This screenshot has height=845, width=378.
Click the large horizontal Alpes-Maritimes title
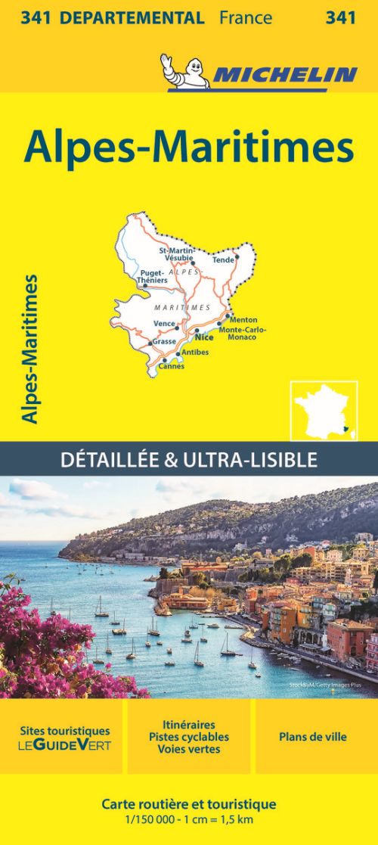point(189,148)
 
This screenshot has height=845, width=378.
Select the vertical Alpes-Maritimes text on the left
point(31,349)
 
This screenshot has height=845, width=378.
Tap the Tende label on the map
point(224,259)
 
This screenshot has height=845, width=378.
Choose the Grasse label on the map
point(163,341)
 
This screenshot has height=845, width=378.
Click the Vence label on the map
point(164,324)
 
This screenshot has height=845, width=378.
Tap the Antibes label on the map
point(195,353)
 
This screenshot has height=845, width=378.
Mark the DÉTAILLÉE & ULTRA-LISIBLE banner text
point(189,459)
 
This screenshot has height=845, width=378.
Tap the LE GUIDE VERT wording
point(64,745)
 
